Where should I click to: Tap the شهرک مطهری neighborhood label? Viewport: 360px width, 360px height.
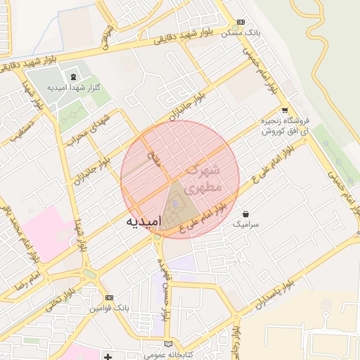pos(203,179)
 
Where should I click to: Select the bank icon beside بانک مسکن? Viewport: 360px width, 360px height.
pos(241,22)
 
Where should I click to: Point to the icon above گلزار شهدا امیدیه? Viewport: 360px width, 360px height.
pos(74,76)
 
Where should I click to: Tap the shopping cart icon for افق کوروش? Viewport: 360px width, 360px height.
pos(284,110)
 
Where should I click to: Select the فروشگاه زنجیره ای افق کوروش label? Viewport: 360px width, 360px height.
pos(284,126)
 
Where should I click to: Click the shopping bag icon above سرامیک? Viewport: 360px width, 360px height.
pos(245,213)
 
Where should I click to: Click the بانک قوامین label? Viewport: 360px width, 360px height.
pos(108,309)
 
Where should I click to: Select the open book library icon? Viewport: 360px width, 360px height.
pos(167,343)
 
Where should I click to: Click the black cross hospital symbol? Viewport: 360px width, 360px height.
pos(108,357)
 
